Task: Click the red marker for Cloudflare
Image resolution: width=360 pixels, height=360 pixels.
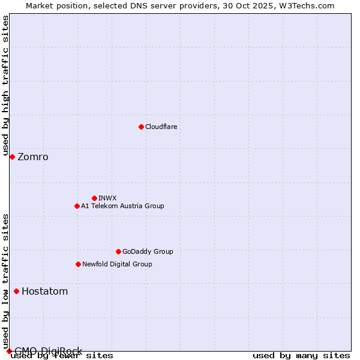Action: click(141, 127)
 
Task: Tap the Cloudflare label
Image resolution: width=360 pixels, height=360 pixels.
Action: click(161, 127)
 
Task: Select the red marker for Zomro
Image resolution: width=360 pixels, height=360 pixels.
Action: click(12, 157)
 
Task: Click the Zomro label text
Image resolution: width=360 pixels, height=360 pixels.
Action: click(33, 157)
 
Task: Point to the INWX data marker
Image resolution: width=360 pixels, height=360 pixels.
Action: click(94, 198)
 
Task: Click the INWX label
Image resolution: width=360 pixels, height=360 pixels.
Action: click(107, 198)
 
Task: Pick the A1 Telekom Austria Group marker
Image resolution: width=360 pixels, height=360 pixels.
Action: click(77, 206)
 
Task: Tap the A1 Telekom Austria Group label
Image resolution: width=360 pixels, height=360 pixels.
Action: click(122, 206)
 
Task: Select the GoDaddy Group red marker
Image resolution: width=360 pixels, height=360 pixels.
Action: click(118, 251)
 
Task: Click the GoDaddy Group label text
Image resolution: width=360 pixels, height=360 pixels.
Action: click(148, 251)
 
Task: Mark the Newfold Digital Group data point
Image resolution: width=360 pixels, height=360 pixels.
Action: click(78, 264)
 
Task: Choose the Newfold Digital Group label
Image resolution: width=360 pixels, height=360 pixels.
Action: click(117, 264)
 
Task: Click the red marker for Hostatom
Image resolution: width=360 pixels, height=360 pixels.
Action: click(16, 292)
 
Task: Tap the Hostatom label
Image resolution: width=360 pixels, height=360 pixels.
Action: click(44, 292)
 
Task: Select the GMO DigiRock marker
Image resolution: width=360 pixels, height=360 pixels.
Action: click(9, 351)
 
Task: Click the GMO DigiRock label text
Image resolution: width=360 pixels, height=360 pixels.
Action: click(48, 351)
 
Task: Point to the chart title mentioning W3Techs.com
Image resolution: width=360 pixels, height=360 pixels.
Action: click(180, 5)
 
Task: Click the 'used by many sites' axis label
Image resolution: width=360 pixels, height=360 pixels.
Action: click(301, 355)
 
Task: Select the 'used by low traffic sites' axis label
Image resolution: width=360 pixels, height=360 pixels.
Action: click(5, 281)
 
